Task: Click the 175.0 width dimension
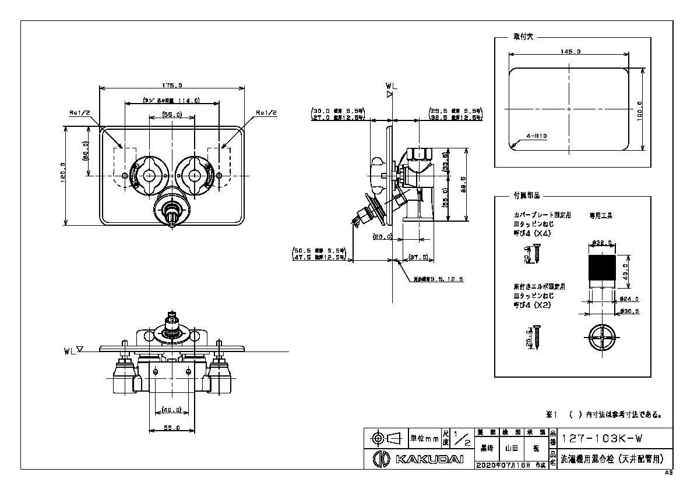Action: click(x=172, y=86)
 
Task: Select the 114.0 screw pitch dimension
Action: click(x=171, y=101)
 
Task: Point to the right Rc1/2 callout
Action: click(x=266, y=112)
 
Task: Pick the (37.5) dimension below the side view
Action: click(x=418, y=257)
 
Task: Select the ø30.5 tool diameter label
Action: click(x=629, y=311)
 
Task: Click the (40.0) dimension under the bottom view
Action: click(x=171, y=409)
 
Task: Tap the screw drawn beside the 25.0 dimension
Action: click(x=537, y=337)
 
